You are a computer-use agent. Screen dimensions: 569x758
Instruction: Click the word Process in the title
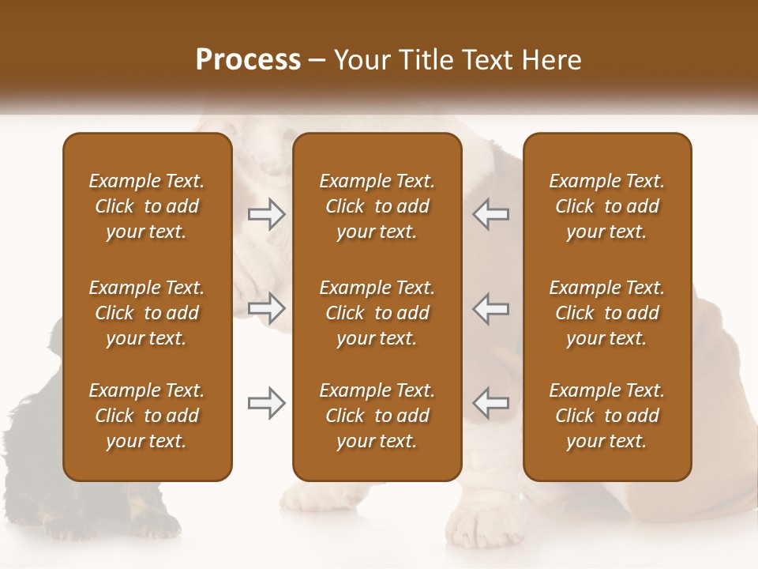click(x=248, y=60)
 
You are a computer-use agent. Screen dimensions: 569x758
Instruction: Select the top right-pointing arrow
click(x=267, y=214)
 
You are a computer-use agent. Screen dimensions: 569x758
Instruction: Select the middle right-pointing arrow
click(x=267, y=308)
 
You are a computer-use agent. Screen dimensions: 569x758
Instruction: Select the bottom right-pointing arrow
click(x=267, y=403)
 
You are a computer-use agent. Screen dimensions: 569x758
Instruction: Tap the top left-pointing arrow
click(x=490, y=214)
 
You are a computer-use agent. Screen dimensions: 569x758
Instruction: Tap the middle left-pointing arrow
click(x=490, y=308)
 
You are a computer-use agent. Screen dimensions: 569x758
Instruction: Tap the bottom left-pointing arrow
click(x=490, y=403)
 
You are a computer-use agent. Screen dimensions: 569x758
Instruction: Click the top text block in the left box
click(x=147, y=206)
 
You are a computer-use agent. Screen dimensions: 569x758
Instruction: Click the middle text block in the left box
click(x=147, y=313)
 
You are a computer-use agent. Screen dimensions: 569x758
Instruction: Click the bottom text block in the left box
click(x=147, y=416)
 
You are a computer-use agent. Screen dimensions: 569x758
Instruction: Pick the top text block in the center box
click(x=377, y=206)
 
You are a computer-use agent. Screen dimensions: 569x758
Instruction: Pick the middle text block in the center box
click(x=377, y=313)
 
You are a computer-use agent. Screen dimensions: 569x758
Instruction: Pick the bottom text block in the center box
click(x=377, y=416)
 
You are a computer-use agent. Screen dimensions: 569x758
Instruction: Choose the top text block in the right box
click(x=607, y=206)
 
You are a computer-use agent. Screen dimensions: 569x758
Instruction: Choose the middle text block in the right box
click(x=607, y=313)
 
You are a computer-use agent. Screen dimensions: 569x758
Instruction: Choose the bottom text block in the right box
click(x=607, y=416)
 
